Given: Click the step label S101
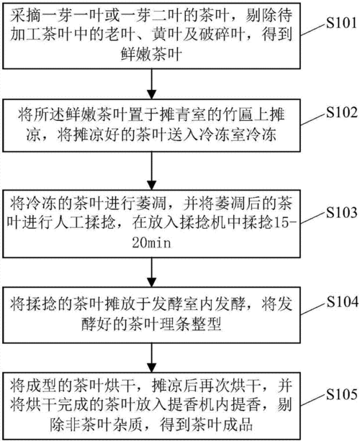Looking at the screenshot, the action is [x=342, y=23].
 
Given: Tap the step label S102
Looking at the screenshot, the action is [x=342, y=112].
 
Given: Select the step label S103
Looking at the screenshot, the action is [x=342, y=212].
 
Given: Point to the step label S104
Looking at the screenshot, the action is [x=342, y=301].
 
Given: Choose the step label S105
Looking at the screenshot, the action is [x=342, y=394].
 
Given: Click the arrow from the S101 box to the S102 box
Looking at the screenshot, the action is [x=152, y=84].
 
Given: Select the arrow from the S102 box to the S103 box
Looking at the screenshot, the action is [x=152, y=171].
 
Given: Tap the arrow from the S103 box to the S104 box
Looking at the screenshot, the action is [x=152, y=272].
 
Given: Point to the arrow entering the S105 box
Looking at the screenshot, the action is [x=152, y=358].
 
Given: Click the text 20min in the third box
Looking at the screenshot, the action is [x=152, y=242].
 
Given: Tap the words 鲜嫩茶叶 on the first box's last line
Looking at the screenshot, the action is [x=152, y=54].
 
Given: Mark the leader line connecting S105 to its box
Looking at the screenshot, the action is [x=312, y=400].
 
